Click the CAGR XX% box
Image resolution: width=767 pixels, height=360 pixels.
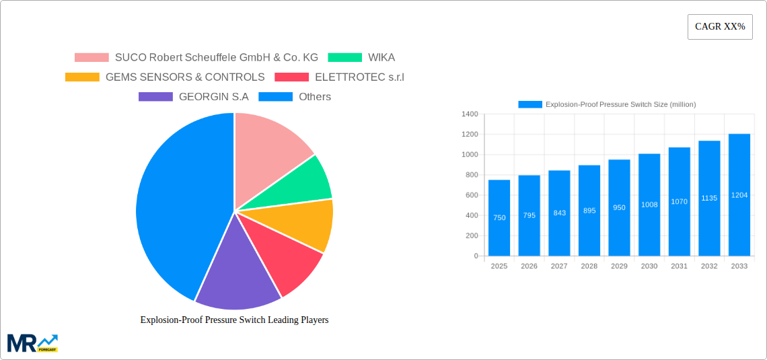click(x=720, y=27)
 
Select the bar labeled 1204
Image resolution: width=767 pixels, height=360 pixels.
click(x=739, y=194)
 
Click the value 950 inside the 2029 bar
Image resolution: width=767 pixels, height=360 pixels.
click(x=619, y=208)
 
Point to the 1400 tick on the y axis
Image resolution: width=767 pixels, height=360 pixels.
click(x=469, y=114)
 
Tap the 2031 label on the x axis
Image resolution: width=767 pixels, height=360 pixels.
click(x=679, y=266)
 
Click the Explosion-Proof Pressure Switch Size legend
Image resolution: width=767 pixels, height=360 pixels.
click(x=607, y=104)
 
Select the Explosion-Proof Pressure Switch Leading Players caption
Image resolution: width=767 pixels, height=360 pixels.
click(x=234, y=320)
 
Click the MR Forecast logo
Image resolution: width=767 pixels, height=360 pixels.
click(x=32, y=343)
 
